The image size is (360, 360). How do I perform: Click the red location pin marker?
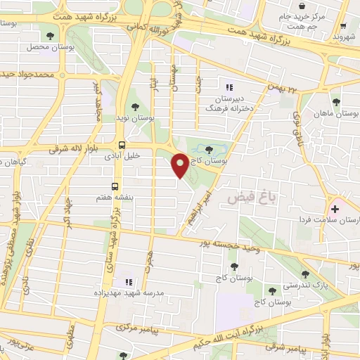[181, 165]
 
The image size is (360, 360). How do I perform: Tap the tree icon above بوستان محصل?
[49, 35]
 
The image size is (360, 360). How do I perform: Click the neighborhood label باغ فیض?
[252, 199]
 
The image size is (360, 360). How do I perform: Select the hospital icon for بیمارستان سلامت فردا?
[335, 209]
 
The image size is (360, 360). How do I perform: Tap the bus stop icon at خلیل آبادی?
[122, 146]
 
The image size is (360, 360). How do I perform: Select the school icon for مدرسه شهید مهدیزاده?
[128, 282]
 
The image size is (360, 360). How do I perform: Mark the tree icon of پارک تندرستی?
[304, 275]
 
